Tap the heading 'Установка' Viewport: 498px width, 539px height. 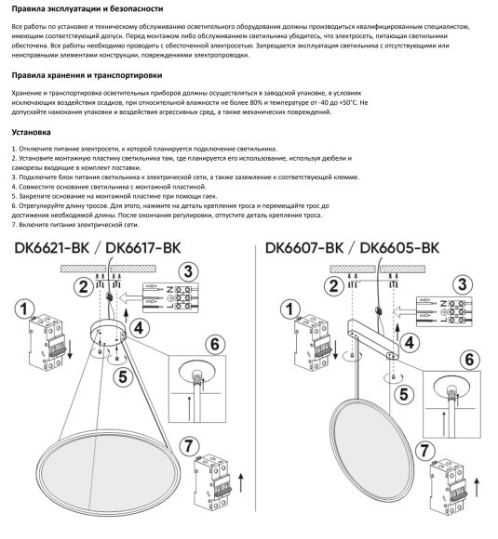32,132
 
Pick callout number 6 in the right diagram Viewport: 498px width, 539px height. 471,359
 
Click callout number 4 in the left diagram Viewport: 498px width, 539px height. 138,326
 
